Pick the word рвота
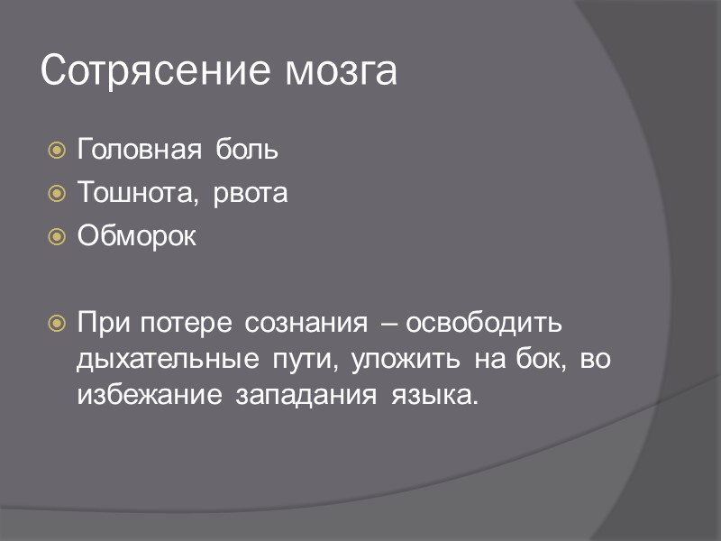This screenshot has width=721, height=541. [251, 194]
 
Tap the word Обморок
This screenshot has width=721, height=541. [136, 236]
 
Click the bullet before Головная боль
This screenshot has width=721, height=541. [56, 150]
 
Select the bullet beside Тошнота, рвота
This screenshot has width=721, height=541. [56, 193]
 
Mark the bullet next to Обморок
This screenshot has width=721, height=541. [56, 236]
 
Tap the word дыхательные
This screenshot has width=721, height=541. [169, 360]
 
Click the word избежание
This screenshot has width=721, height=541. [150, 396]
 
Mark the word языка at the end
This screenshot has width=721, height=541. [431, 397]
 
